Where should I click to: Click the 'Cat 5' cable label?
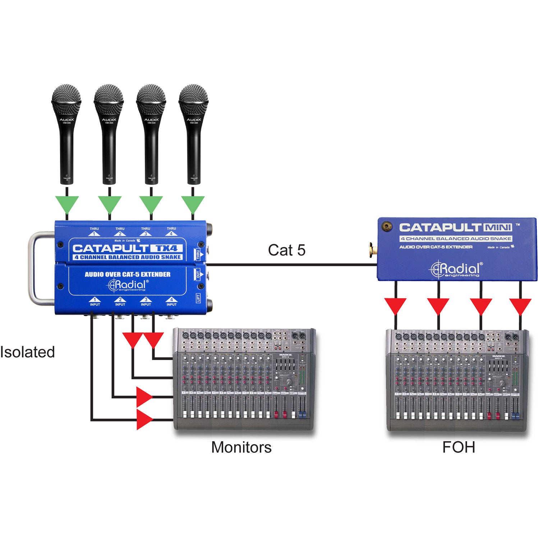coord(286,250)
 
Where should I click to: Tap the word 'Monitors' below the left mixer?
coord(241,447)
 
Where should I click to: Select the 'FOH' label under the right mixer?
coord(459,447)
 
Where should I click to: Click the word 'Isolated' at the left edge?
coord(27,352)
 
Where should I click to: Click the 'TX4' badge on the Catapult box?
coord(166,248)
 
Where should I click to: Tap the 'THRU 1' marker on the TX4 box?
coord(94,231)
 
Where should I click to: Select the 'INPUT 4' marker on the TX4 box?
coord(171,302)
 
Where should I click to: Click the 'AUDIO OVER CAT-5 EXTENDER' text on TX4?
coord(128,275)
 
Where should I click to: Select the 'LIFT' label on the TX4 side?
coord(198,298)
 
